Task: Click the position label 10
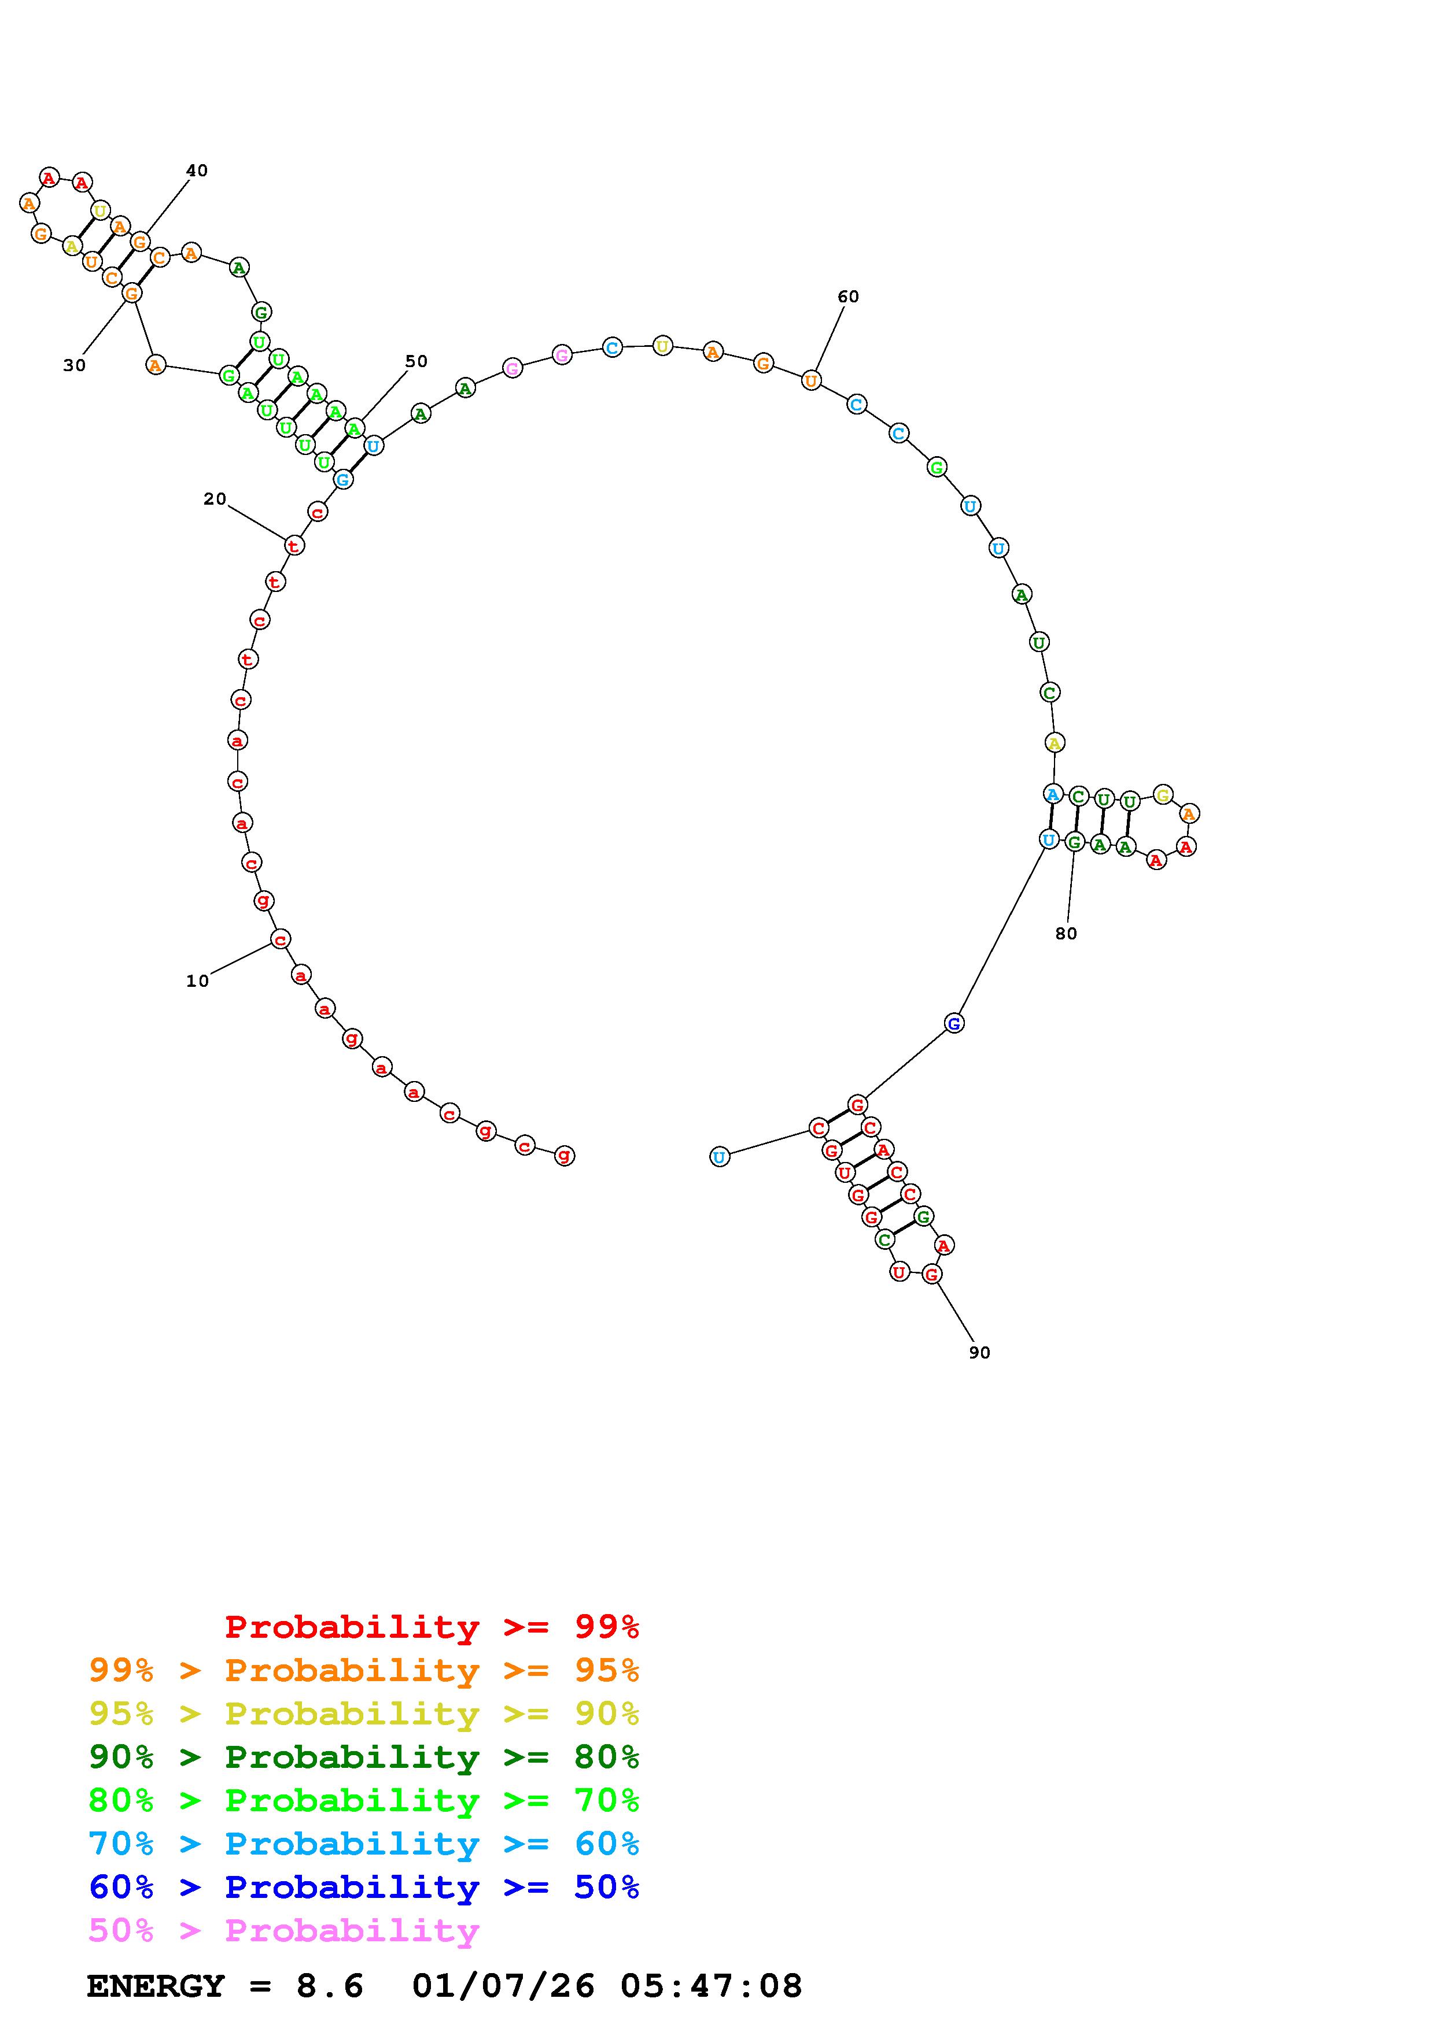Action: pyautogui.click(x=197, y=981)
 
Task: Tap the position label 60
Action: pyautogui.click(x=848, y=297)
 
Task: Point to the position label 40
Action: pyautogui.click(x=197, y=171)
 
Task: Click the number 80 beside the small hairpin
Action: pyautogui.click(x=1067, y=934)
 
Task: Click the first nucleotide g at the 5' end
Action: pyautogui.click(x=565, y=1154)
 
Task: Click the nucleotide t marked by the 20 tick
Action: pyautogui.click(x=293, y=545)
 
